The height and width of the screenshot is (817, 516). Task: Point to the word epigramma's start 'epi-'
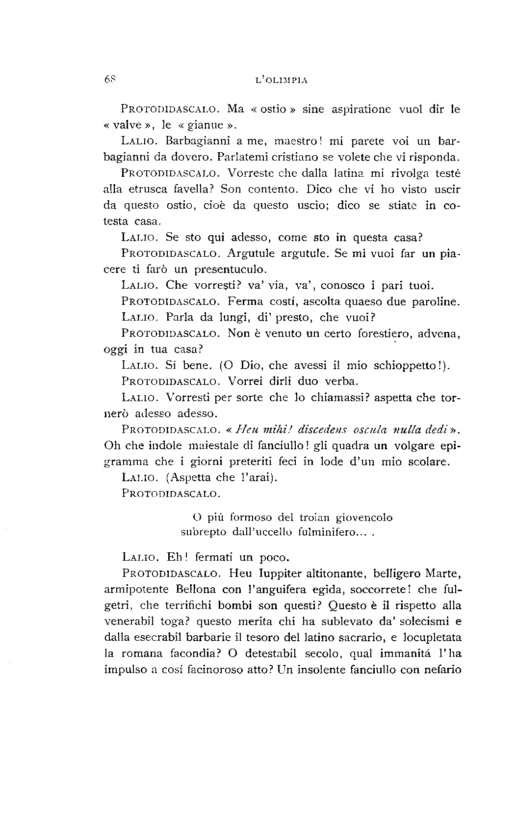tap(449, 446)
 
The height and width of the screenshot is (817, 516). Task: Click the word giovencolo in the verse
tap(364, 517)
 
